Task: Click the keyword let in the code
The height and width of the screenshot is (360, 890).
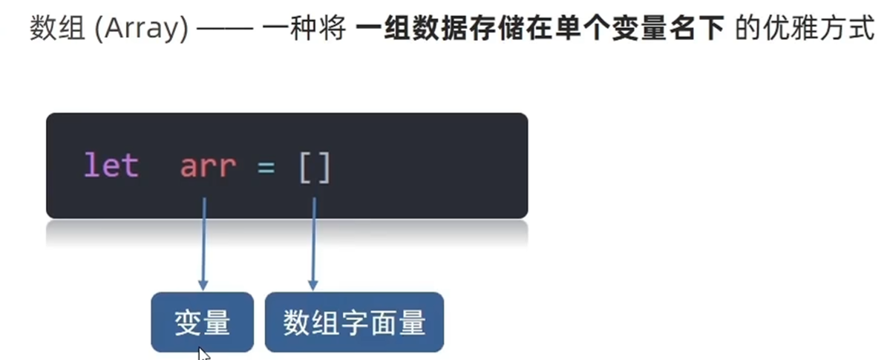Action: click(111, 166)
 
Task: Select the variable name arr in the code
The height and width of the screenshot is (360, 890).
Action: click(207, 166)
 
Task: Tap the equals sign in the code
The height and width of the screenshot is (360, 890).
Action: click(266, 166)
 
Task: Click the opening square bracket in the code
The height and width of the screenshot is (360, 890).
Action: click(305, 167)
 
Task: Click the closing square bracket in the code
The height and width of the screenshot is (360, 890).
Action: click(324, 167)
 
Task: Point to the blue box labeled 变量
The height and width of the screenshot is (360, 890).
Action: click(202, 321)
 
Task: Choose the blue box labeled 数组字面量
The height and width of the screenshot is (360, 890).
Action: click(354, 321)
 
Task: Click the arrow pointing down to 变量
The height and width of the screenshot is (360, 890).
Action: click(203, 245)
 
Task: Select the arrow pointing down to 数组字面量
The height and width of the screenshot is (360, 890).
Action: click(313, 245)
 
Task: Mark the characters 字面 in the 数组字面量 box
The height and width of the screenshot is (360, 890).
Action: click(354, 322)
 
